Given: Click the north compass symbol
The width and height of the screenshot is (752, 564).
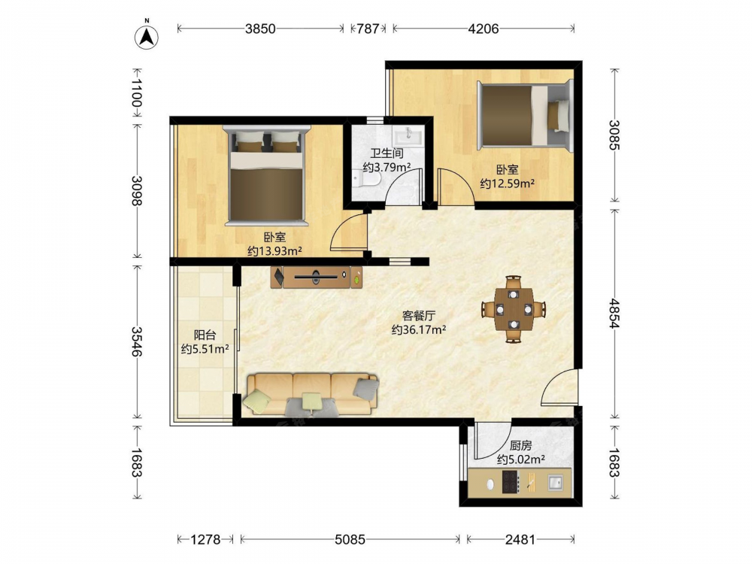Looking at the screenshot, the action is pos(147,35).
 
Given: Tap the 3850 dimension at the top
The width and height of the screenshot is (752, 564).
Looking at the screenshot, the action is pos(260,29).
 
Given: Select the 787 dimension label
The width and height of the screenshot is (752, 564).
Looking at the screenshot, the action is pos(368,29).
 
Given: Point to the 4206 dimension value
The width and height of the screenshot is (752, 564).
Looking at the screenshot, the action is pos(484,29).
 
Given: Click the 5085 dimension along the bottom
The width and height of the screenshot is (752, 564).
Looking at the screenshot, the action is pos(350,540).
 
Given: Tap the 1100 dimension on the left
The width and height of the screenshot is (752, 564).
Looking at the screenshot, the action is pos(137,93).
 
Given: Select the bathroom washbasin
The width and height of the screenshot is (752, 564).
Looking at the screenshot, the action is pos(408,135).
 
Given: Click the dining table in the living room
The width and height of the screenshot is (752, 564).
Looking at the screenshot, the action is pos(514,309).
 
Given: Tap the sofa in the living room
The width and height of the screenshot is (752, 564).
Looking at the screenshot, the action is pos(311,394).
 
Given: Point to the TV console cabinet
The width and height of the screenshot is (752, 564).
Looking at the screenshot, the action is pos(317,277).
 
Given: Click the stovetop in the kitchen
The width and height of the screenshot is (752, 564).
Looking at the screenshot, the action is pos(511,482).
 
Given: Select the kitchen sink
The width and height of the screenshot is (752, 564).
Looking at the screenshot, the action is pos(556,482).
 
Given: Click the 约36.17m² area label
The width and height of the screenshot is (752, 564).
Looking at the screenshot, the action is pos(419,330).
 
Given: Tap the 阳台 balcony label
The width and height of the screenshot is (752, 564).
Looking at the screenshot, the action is pos(205,335).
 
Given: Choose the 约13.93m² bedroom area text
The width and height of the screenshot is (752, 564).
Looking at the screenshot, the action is pos(274,250).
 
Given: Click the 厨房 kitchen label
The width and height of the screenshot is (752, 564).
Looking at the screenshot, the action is pos(521,445).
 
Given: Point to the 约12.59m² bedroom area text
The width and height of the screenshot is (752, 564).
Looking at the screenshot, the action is pos(508,183).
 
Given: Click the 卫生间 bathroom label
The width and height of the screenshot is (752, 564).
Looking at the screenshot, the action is pos(387,153).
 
